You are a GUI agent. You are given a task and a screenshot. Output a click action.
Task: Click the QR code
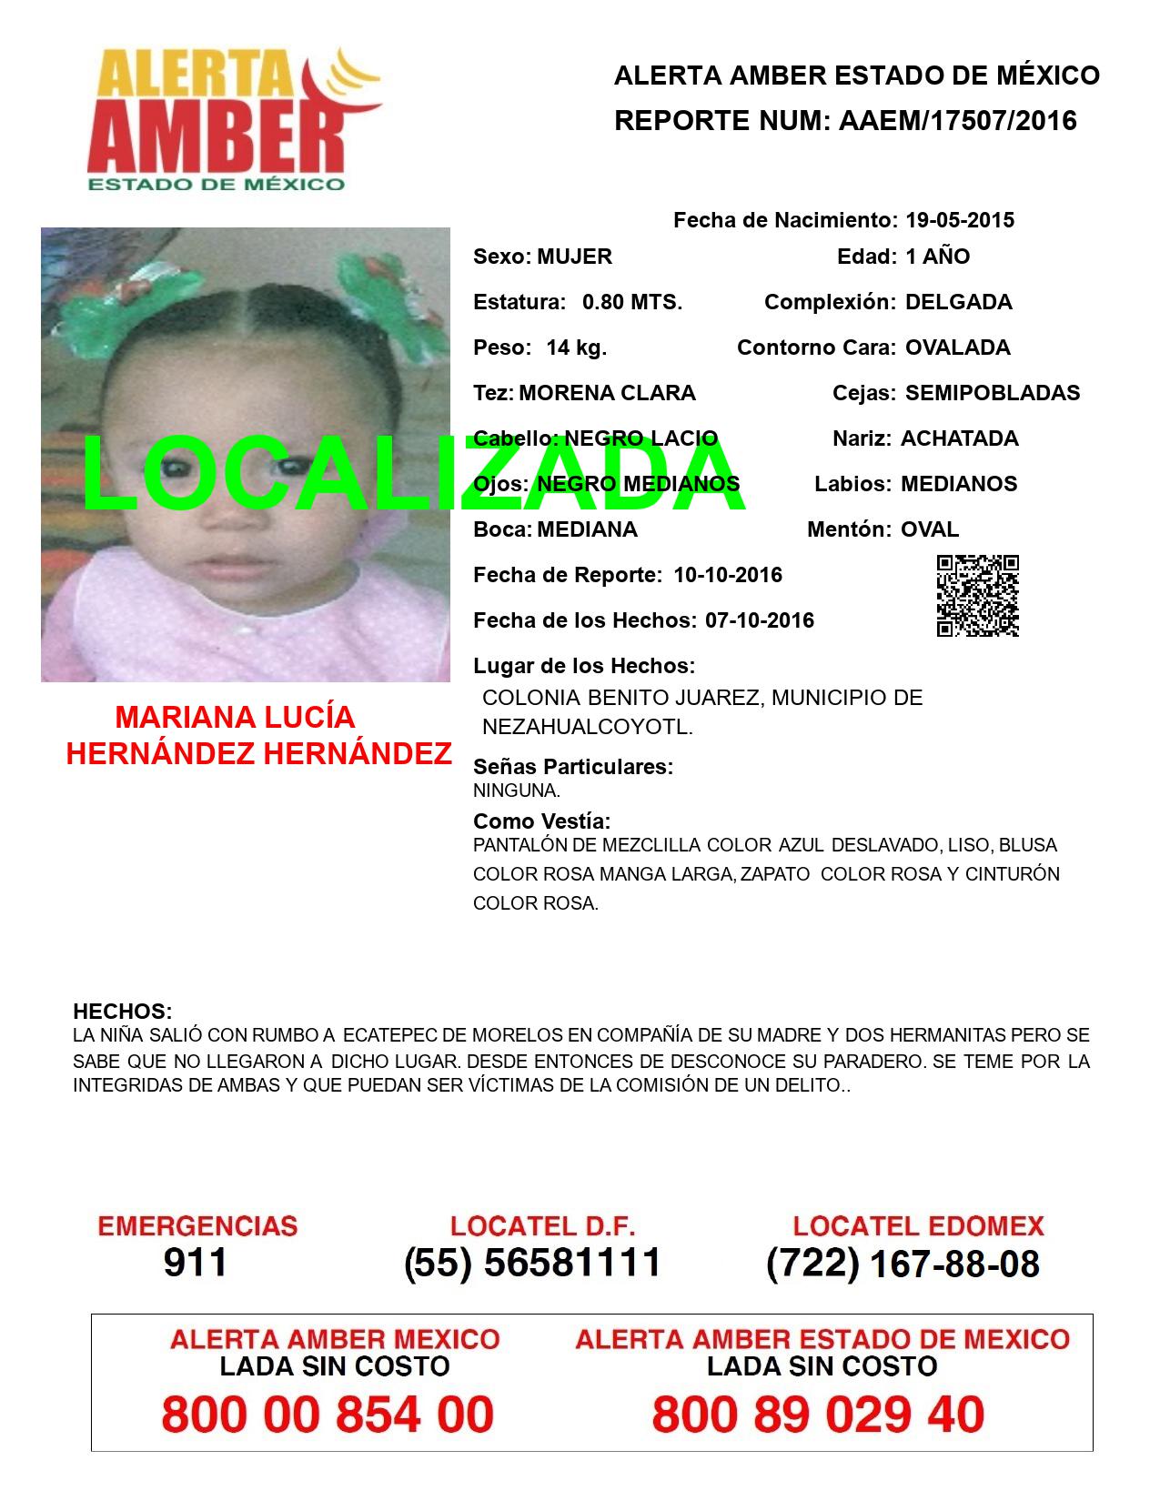tap(977, 596)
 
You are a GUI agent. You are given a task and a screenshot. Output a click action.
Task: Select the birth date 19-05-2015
tap(959, 220)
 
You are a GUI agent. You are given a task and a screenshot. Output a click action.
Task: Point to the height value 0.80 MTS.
tap(631, 302)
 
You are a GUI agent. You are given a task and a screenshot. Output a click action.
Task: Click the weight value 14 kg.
tap(576, 348)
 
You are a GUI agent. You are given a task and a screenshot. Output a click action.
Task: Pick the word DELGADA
tap(958, 302)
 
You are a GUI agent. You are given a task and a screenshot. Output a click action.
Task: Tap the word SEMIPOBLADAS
tap(992, 393)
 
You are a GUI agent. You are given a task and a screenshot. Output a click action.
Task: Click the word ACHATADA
tap(959, 438)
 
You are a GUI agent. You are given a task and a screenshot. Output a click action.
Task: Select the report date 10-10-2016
tap(727, 575)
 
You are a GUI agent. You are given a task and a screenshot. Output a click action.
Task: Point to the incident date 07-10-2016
tap(759, 620)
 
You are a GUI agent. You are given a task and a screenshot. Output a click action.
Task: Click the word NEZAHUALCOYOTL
tap(587, 728)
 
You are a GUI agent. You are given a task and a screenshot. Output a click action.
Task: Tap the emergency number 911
tap(195, 1263)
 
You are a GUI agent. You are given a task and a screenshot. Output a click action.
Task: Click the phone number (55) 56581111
tap(532, 1263)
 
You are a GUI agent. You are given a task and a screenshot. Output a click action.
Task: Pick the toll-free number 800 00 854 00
tap(328, 1415)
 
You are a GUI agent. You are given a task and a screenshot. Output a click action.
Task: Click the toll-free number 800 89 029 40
tap(818, 1415)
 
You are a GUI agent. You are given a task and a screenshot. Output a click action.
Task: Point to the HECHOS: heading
tap(122, 1012)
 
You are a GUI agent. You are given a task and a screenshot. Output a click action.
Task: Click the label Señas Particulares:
tap(573, 767)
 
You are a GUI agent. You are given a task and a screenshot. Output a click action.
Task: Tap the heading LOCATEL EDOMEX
tap(918, 1226)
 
